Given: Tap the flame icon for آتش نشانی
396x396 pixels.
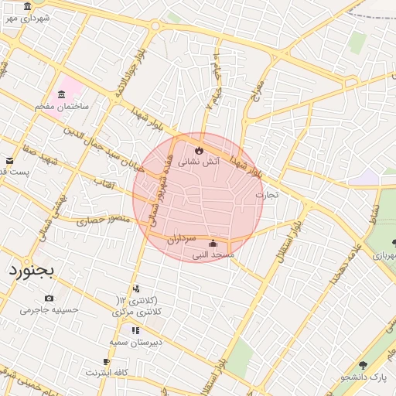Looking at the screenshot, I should pyautogui.click(x=199, y=149).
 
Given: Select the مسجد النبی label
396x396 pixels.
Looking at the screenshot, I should pyautogui.click(x=213, y=254).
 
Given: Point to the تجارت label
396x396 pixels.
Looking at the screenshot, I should pyautogui.click(x=265, y=195).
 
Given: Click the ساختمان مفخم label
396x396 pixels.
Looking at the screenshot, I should pyautogui.click(x=62, y=106).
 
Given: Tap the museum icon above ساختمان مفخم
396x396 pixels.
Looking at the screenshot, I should pyautogui.click(x=61, y=94).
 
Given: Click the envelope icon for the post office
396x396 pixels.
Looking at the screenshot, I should pyautogui.click(x=9, y=160).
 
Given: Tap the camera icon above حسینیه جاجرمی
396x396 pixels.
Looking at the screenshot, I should pyautogui.click(x=49, y=299).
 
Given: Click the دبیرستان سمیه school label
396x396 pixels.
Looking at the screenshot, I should pyautogui.click(x=135, y=341).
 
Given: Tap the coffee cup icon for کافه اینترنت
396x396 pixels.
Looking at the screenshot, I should pyautogui.click(x=107, y=362).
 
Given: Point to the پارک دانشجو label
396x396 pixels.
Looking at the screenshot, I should pyautogui.click(x=364, y=377).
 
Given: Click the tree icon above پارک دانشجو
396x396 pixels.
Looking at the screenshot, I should pyautogui.click(x=364, y=365).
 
